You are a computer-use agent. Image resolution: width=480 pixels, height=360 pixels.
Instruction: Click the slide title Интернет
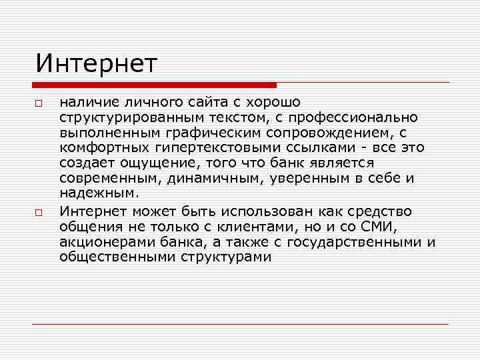[97, 64]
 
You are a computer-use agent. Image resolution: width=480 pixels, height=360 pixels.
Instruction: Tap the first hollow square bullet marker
[39, 105]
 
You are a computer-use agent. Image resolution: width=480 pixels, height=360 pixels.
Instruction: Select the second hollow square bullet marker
[39, 213]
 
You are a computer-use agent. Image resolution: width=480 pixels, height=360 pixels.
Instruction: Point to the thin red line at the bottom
[240, 324]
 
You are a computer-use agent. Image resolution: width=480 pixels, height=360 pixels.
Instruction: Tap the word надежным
[99, 194]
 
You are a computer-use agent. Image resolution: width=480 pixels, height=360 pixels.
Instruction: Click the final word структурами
[225, 257]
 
